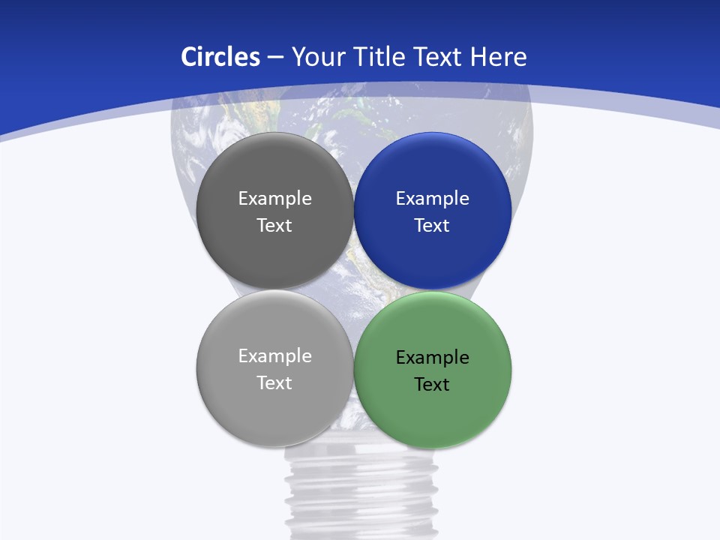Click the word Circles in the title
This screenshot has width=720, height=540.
click(x=220, y=57)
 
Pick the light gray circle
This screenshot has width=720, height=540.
click(x=274, y=412)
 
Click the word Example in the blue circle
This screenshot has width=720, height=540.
click(x=432, y=199)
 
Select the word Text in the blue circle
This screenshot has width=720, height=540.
click(x=432, y=226)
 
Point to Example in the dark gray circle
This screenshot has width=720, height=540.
click(x=274, y=199)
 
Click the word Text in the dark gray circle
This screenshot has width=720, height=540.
click(x=274, y=226)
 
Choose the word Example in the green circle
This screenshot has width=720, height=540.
click(x=432, y=358)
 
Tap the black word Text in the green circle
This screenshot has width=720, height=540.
click(x=432, y=385)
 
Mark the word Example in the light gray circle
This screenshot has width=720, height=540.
click(x=274, y=356)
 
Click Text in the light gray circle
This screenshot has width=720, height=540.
click(x=274, y=383)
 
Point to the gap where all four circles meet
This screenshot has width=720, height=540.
click(x=353, y=289)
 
